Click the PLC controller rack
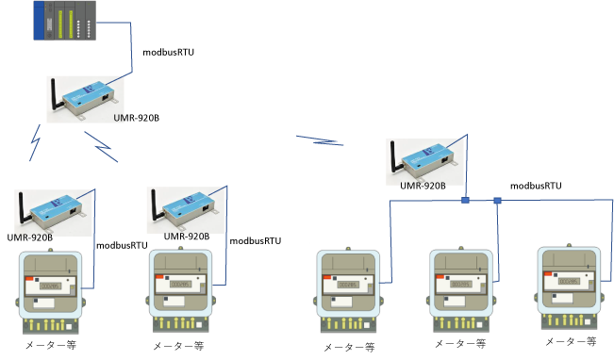coord(65,21)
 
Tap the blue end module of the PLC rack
coord(39,21)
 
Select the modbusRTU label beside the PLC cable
coord(169,53)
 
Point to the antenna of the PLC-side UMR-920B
coord(56,94)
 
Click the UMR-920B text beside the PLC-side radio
coord(136,118)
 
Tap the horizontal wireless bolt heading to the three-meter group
coord(320,140)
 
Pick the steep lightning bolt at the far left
coord(35,143)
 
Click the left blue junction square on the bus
coord(465,201)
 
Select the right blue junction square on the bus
coord(497,201)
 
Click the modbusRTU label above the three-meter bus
coord(536,186)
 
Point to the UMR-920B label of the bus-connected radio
coord(423,186)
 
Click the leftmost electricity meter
coord(51,291)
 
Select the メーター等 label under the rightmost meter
coord(571,341)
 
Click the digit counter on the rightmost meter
coord(569,282)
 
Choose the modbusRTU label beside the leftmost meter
coord(122,246)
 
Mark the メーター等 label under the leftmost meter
coord(51,345)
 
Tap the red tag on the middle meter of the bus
coord(440,277)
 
